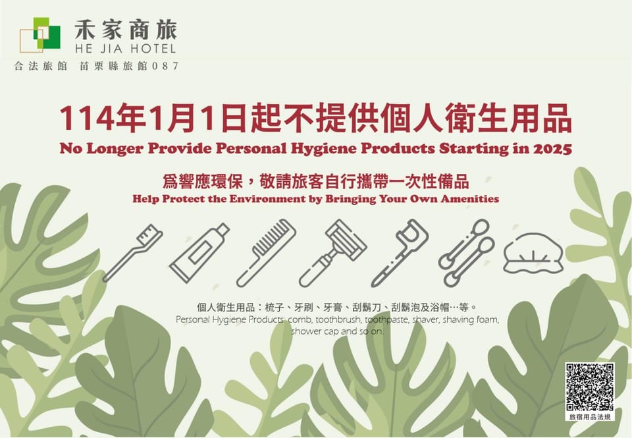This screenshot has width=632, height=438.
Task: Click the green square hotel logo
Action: click(x=40, y=35)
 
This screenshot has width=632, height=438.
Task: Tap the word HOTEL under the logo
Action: click(x=151, y=49)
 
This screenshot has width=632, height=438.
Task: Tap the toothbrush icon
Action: click(x=133, y=253)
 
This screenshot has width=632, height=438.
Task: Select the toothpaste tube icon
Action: click(x=199, y=253)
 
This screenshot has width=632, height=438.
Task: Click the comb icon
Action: click(x=267, y=253)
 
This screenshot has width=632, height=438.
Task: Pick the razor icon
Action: click(x=333, y=253)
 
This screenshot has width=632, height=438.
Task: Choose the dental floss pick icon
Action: click(x=400, y=253)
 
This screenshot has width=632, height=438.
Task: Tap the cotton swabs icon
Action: click(x=467, y=253)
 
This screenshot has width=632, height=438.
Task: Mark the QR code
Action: click(x=590, y=387)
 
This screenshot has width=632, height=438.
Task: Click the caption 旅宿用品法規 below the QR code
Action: click(x=590, y=417)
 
